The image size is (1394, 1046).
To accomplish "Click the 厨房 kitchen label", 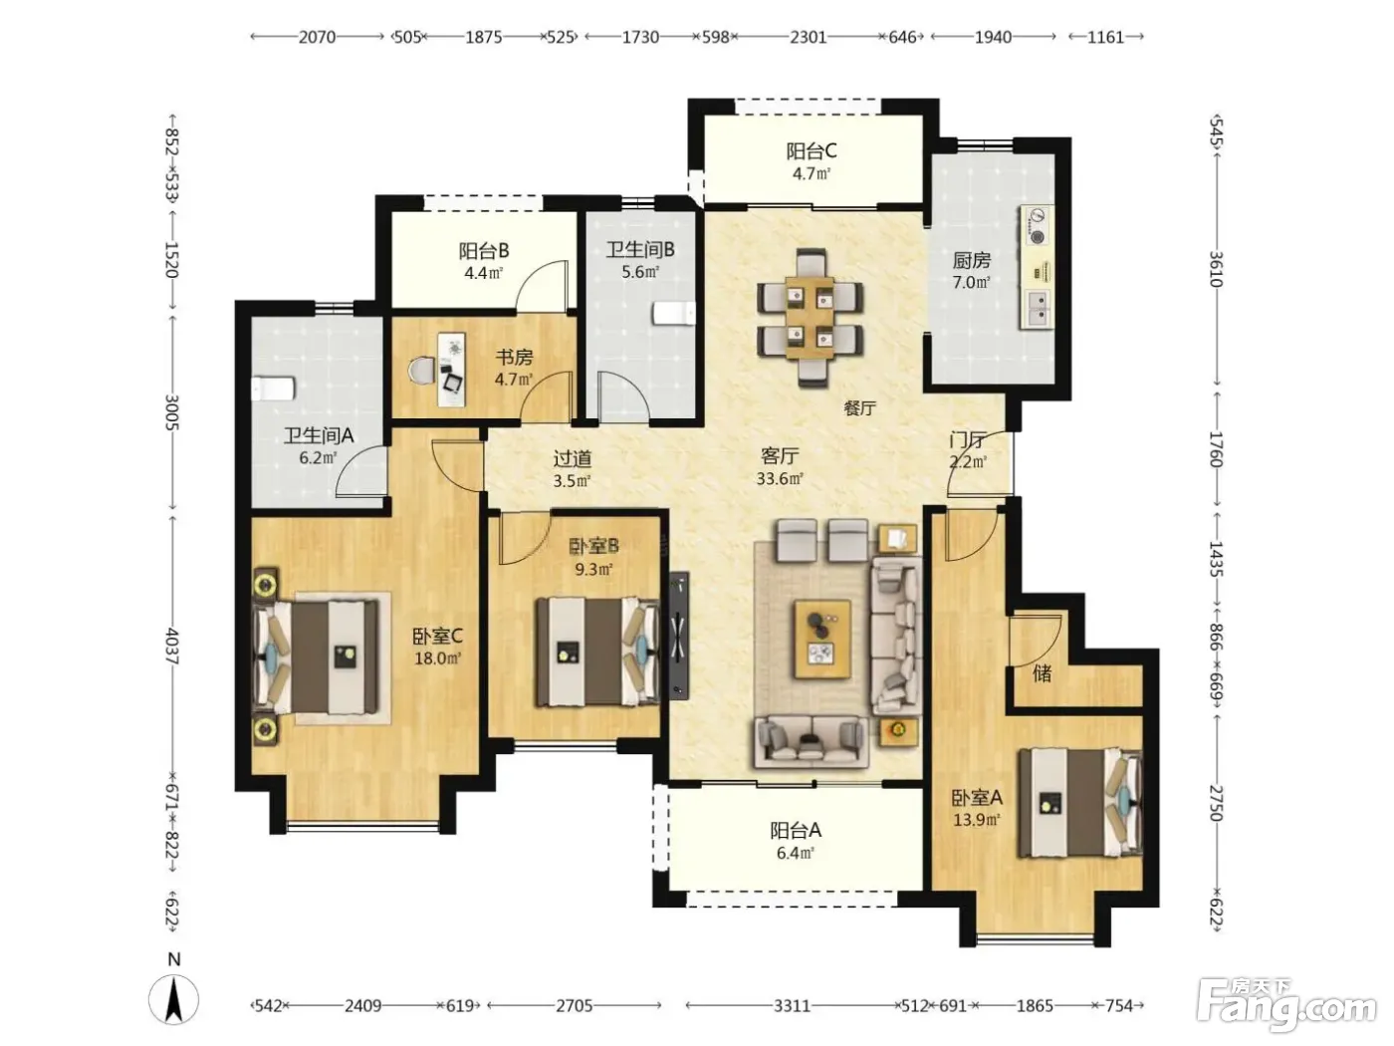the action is (x=971, y=260).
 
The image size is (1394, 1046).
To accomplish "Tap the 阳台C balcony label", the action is (x=811, y=151).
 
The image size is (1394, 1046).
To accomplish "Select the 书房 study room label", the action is (x=514, y=357).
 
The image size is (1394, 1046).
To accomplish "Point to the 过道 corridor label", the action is (x=573, y=458).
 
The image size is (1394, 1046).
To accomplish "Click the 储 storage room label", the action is (x=1042, y=673).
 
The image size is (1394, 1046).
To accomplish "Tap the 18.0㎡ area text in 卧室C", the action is (x=437, y=658).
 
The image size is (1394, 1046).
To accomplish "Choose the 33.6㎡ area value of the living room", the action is (x=780, y=478).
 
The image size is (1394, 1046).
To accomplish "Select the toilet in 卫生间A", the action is (x=273, y=389).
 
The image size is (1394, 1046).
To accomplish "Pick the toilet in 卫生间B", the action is (x=674, y=314).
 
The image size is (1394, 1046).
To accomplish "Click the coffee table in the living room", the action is (x=822, y=639).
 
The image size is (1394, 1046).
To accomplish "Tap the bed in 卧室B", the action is (x=597, y=652).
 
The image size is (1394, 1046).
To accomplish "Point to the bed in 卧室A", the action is (x=1079, y=803).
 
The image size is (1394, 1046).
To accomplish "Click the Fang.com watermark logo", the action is (x=1287, y=1008).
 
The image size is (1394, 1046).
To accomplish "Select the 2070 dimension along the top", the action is (x=317, y=37).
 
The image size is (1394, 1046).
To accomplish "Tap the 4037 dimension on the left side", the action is (x=172, y=647).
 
